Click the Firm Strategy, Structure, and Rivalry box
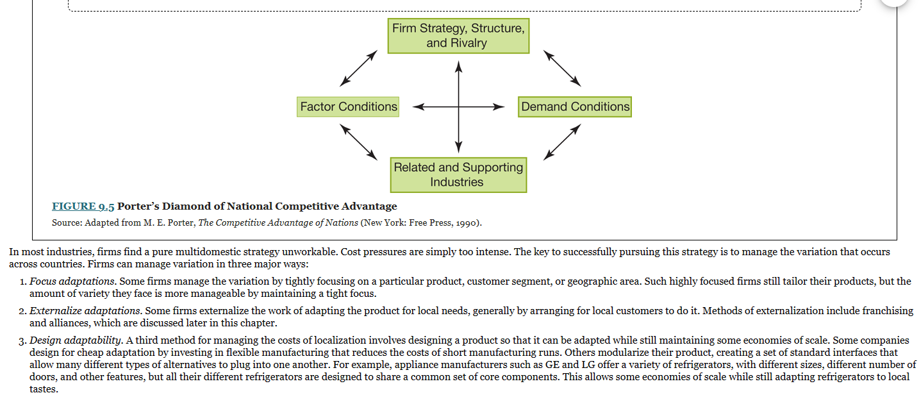458,36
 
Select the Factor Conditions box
348,106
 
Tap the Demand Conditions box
575,106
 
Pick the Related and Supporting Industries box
458,174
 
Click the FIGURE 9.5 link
83,206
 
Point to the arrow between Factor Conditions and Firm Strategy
358,68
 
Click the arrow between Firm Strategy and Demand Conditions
562,68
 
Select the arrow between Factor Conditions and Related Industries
358,142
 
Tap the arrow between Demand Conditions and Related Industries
562,142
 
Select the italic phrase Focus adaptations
72,281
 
